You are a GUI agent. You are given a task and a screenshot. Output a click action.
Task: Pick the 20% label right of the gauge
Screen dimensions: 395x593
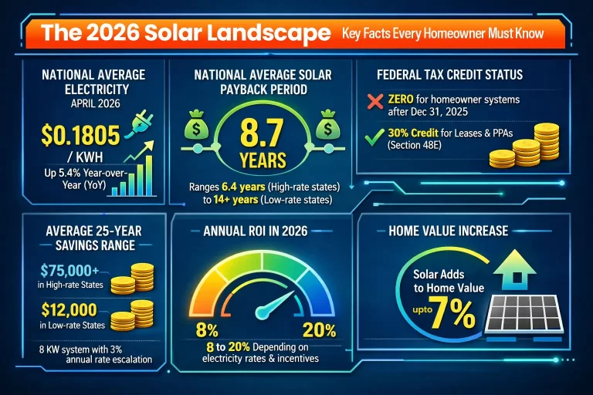(319, 331)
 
